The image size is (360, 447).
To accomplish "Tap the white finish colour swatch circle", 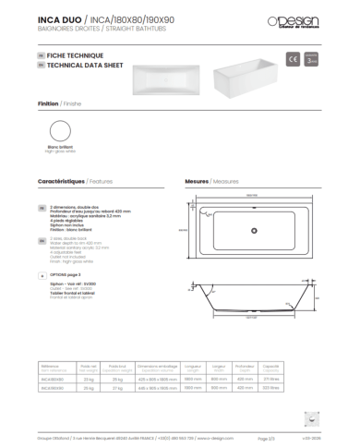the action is click(58, 131).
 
